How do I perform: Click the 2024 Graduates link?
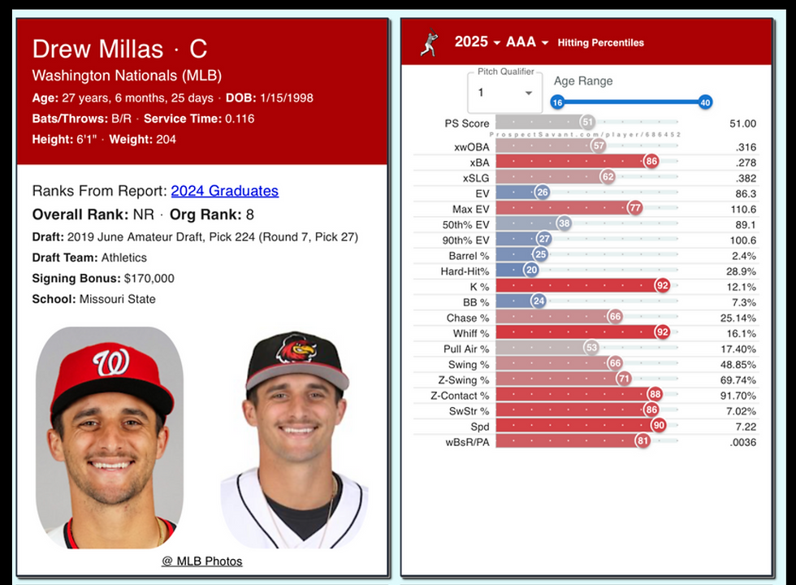pyautogui.click(x=224, y=191)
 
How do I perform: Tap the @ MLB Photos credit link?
pyautogui.click(x=201, y=561)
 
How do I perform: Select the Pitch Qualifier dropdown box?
pyautogui.click(x=504, y=93)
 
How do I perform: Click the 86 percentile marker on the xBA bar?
pyautogui.click(x=651, y=162)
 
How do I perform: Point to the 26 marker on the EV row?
pyautogui.click(x=542, y=193)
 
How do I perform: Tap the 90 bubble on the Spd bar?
pyautogui.click(x=658, y=426)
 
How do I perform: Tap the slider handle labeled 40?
pyautogui.click(x=705, y=102)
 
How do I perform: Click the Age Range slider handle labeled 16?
pyautogui.click(x=557, y=102)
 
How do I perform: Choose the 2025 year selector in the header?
pyautogui.click(x=477, y=42)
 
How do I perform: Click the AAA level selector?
pyautogui.click(x=527, y=42)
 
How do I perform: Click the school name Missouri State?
pyautogui.click(x=117, y=299)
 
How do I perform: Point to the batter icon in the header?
pyautogui.click(x=429, y=42)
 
